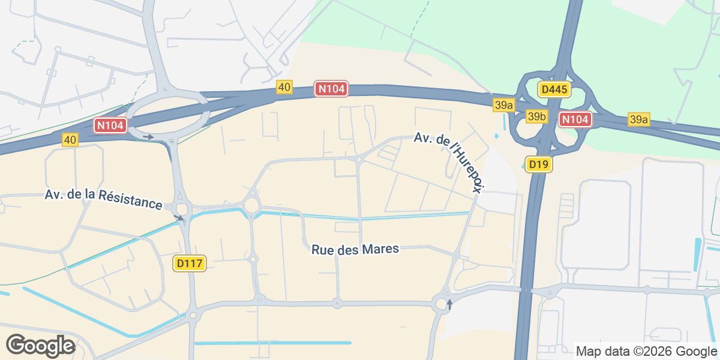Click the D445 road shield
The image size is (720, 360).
554,90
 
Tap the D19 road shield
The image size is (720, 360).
538,164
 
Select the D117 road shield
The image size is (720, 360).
190,263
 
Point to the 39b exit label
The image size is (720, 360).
537,116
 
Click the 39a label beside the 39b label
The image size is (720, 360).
504,105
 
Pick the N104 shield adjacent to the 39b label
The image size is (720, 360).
575,119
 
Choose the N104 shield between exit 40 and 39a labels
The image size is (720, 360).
331,89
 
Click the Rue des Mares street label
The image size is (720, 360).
355,249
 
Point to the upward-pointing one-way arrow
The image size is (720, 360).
449,304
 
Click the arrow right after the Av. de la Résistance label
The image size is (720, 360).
178,217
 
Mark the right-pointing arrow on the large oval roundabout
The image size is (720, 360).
148,137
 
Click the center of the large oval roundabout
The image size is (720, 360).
166,113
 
